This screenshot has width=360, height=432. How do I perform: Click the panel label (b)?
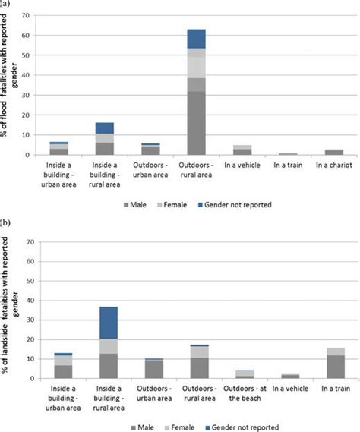coord(5,222)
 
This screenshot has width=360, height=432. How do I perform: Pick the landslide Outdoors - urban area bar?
coord(155,369)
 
